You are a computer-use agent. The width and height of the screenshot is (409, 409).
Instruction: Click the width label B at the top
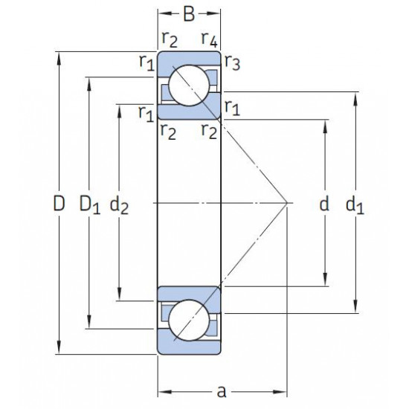tap(189, 14)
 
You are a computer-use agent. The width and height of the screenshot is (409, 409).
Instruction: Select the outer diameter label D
tap(59, 204)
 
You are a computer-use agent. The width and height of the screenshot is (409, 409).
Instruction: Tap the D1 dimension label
tap(89, 204)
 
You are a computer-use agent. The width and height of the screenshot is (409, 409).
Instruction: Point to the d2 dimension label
tap(119, 205)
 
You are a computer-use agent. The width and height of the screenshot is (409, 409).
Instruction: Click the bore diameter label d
tap(324, 204)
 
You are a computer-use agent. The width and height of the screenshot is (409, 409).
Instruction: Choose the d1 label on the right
tap(355, 205)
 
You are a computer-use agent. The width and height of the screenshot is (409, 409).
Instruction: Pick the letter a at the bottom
tap(222, 391)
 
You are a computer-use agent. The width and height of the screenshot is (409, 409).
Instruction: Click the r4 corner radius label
tap(210, 39)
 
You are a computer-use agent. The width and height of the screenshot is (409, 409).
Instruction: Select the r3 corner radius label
tap(233, 62)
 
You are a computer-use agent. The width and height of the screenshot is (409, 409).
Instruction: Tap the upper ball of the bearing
tap(189, 86)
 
